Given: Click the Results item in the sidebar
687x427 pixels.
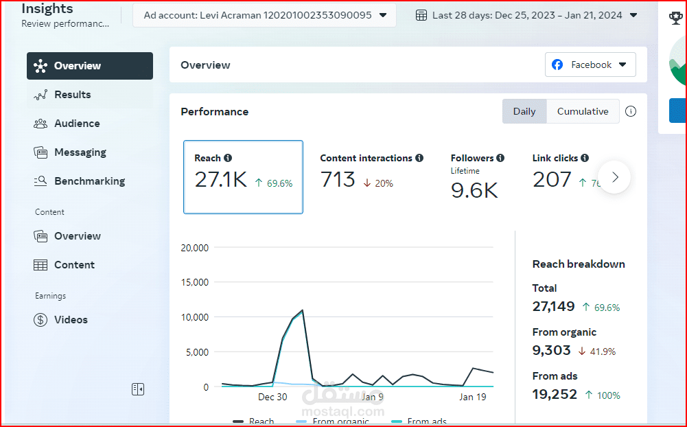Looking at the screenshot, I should (x=72, y=95).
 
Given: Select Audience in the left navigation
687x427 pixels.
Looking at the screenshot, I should (x=77, y=124).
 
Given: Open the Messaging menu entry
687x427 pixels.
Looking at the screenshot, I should (x=80, y=152).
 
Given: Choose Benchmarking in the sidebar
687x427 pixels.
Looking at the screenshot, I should (x=89, y=181).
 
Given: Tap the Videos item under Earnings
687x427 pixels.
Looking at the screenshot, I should (x=71, y=320).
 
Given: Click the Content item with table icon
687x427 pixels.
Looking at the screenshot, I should (x=74, y=265).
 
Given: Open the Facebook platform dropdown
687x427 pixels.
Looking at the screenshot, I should (x=590, y=65).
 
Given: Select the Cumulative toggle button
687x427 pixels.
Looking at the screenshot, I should (x=583, y=111).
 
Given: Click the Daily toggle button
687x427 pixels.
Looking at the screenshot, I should (x=524, y=111).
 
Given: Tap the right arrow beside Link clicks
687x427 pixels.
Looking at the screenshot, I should (x=614, y=177).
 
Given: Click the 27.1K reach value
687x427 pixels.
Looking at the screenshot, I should (x=220, y=180).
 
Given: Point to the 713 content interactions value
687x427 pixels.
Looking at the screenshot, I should (x=338, y=180).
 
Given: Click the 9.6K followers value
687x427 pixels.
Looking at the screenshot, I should (x=474, y=190).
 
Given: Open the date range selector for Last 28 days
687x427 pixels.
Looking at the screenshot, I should (x=527, y=15).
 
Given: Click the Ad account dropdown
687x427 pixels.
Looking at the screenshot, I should (x=264, y=15).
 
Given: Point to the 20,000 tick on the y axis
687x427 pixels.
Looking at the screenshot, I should (x=194, y=248).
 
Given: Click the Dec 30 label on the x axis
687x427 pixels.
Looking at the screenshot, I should (x=272, y=397).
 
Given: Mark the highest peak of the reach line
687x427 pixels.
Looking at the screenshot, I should (x=302, y=310).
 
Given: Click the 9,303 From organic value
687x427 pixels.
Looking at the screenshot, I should (x=552, y=350).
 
